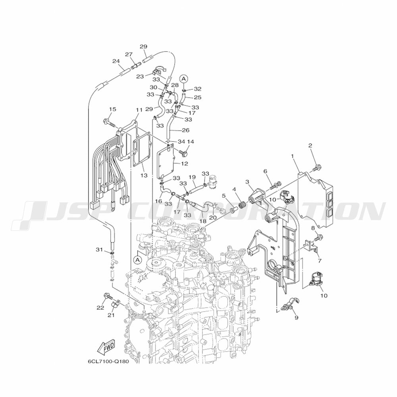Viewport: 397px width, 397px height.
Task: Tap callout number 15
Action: click(x=112, y=110)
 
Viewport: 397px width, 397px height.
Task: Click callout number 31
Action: click(x=99, y=249)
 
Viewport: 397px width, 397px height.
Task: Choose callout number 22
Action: click(x=100, y=307)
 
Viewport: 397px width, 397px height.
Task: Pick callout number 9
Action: click(x=296, y=318)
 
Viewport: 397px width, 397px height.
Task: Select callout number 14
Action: click(x=191, y=142)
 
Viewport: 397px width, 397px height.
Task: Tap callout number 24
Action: click(x=116, y=61)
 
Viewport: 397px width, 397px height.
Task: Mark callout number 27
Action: click(x=129, y=54)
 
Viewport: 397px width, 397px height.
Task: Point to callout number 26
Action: click(x=185, y=130)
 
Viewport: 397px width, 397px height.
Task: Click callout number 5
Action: click(x=224, y=196)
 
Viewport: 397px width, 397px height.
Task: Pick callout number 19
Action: click(x=192, y=177)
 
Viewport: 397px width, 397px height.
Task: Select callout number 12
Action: click(x=184, y=163)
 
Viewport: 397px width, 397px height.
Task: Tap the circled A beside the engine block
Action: click(x=137, y=260)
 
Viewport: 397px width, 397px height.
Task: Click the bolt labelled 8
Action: click(x=319, y=238)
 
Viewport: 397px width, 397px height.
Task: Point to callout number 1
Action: click(x=293, y=156)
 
